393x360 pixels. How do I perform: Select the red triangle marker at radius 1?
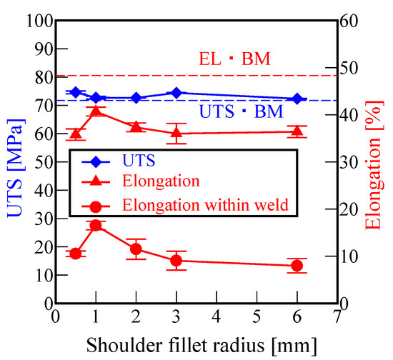coord(96,111)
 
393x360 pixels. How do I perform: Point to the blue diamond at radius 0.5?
coord(76,92)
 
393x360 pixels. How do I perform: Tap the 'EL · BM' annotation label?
coord(233,59)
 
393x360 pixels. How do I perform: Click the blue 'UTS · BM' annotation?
coord(239,111)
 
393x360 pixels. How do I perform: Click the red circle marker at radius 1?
coord(96,226)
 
